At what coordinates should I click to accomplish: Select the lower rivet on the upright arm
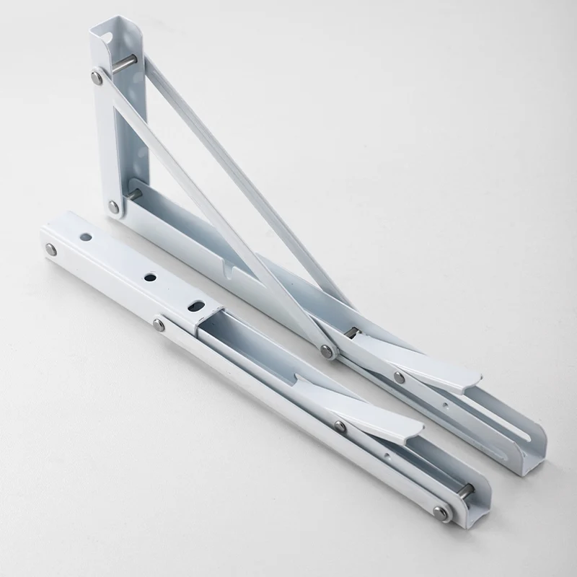tap(114, 206)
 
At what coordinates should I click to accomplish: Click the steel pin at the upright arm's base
tap(133, 193)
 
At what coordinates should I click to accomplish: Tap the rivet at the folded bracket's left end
tap(51, 249)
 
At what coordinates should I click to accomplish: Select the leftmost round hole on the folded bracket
tap(86, 236)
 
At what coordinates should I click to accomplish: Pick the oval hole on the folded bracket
tap(194, 305)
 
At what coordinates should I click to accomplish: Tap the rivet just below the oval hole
tap(159, 325)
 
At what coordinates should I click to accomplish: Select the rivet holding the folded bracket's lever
tap(340, 426)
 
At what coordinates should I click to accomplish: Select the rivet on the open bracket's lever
tap(399, 376)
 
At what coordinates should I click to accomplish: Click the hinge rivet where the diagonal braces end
tap(327, 351)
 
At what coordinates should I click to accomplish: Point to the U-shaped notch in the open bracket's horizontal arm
tap(231, 270)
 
